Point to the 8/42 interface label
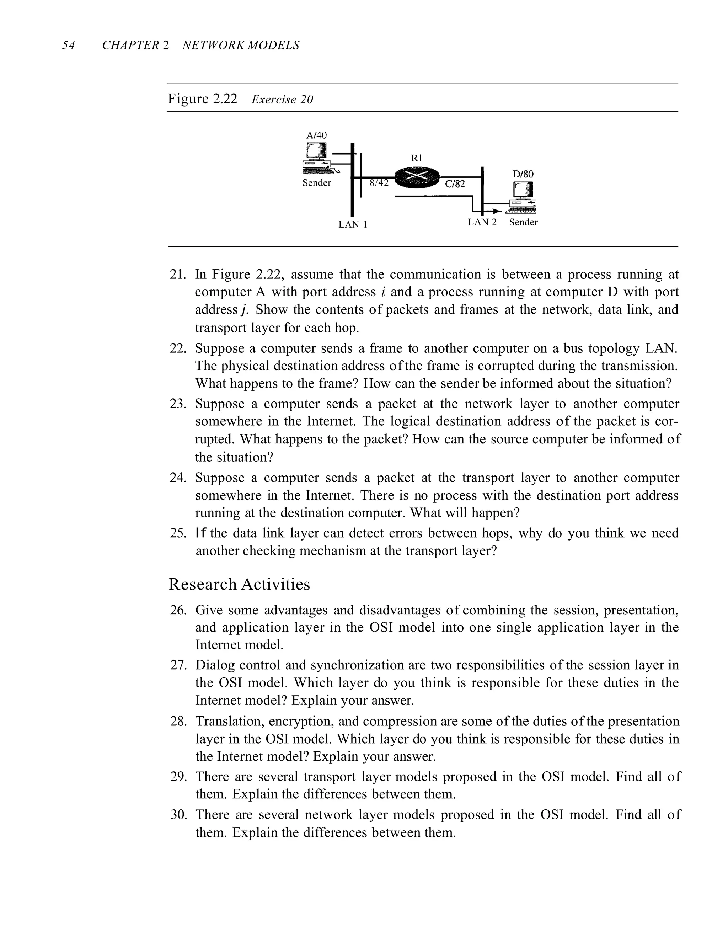[379, 183]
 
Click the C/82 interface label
[455, 184]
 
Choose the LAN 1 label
[353, 225]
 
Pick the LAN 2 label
[482, 223]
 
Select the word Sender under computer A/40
[317, 183]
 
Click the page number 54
[68, 45]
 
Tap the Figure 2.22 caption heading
[202, 99]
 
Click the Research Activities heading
[239, 584]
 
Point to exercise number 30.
[178, 815]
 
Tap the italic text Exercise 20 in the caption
[282, 100]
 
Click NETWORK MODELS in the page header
[241, 45]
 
